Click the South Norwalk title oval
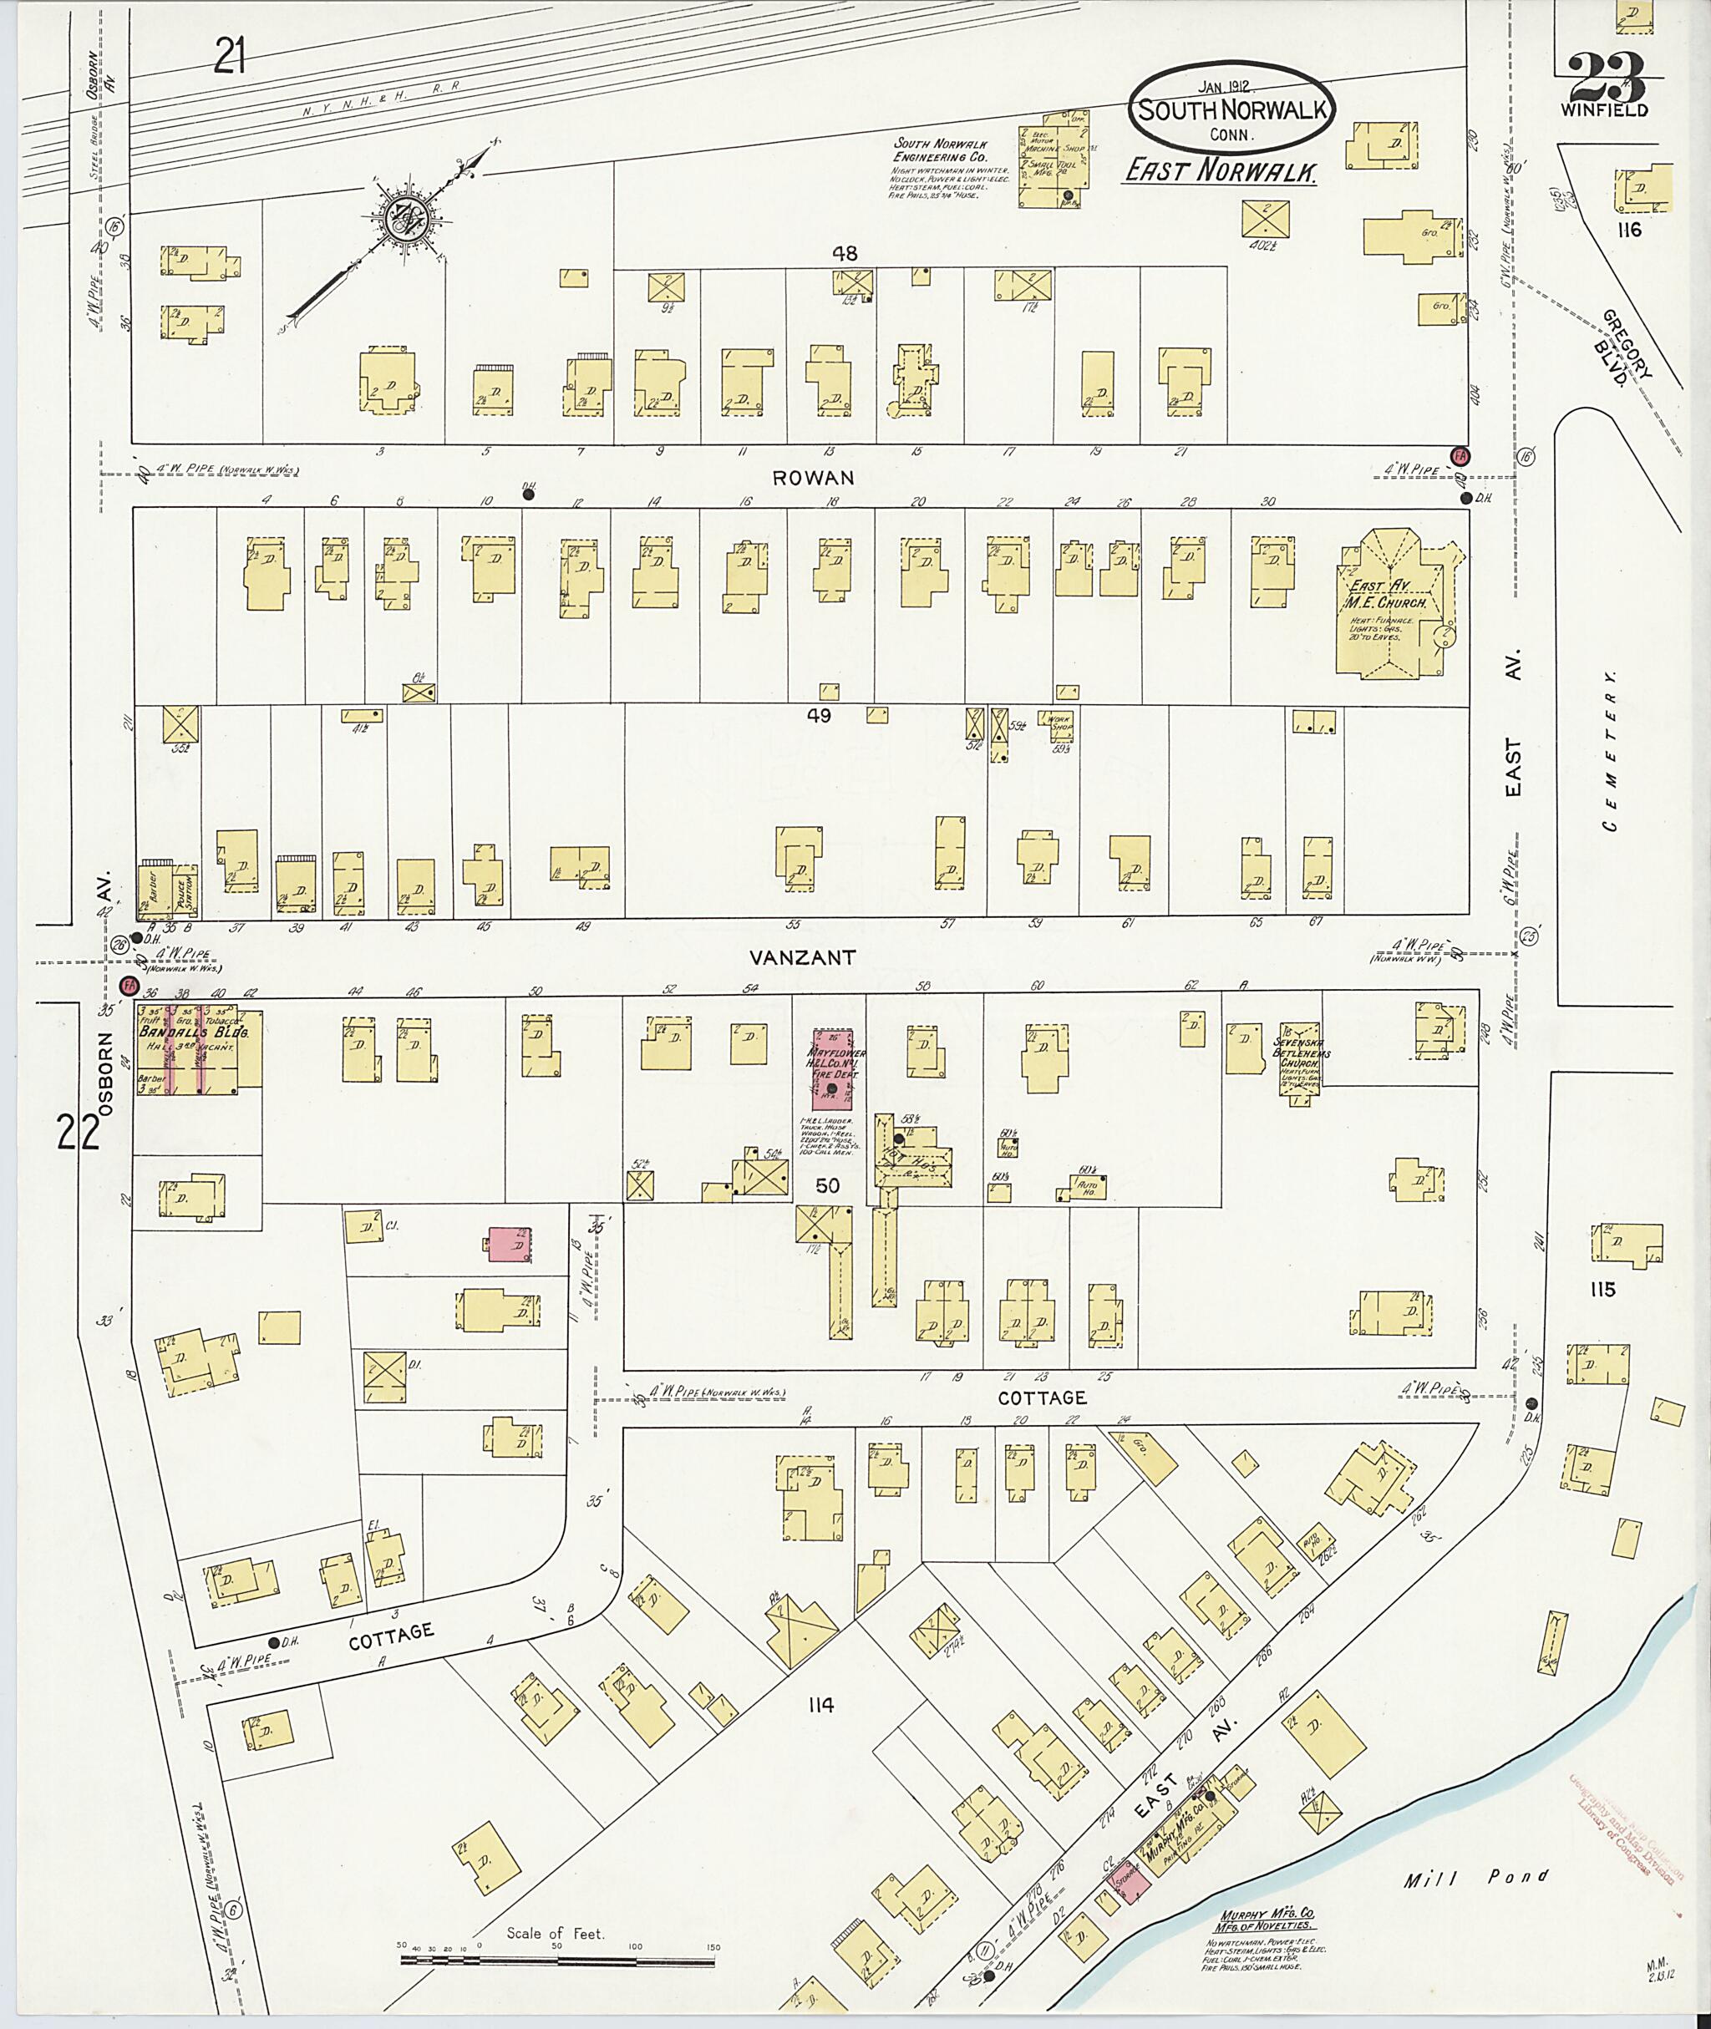tap(1231, 109)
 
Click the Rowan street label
tap(827, 477)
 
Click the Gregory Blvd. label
tap(1627, 360)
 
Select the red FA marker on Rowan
tap(1458, 456)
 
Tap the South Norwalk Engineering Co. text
tap(940, 150)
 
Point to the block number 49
tap(819, 716)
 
